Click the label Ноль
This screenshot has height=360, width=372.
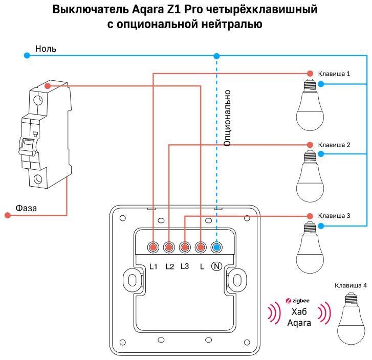46,49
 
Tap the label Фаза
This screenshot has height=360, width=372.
26,208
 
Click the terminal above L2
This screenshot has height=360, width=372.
169,247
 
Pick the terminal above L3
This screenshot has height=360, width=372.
185,247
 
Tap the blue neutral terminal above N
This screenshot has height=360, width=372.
216,247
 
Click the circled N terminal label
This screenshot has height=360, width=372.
216,266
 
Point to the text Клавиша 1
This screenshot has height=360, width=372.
334,74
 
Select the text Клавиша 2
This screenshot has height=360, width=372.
334,145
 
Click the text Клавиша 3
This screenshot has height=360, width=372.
334,216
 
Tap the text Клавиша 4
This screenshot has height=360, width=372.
350,285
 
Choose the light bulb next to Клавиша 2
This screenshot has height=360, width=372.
310,177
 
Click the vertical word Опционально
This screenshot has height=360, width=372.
228,118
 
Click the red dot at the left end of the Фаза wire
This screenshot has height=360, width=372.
8,216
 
